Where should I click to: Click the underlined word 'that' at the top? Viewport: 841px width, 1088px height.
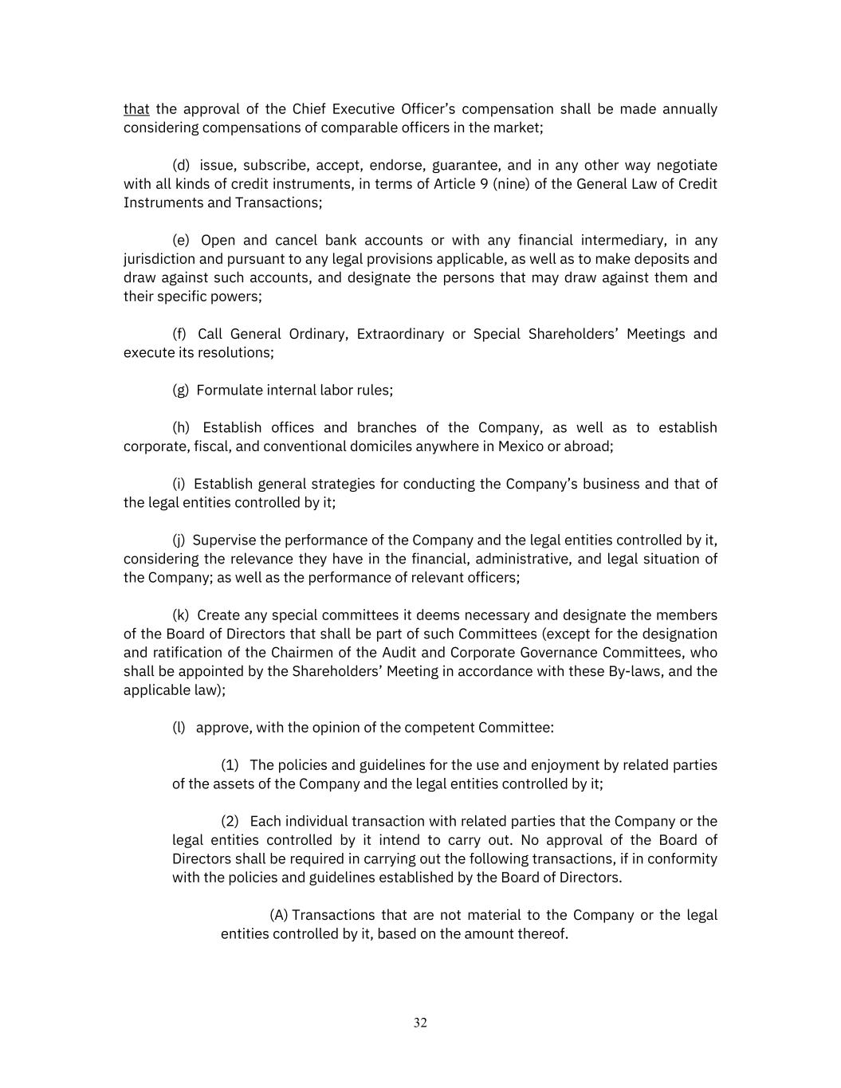coord(136,109)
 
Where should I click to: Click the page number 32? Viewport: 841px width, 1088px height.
coord(420,1023)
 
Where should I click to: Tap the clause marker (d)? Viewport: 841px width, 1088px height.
coord(181,166)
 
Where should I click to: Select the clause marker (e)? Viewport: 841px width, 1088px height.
coord(181,241)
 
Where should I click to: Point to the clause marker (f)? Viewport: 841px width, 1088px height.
coord(179,334)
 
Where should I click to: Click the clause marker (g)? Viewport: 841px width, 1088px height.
coord(181,391)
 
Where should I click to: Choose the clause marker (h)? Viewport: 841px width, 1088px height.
coord(181,428)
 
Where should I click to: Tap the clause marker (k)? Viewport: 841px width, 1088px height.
coord(181,615)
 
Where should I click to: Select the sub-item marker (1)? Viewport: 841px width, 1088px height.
coord(230,765)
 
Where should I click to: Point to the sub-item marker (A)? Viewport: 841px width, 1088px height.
coord(278,915)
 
